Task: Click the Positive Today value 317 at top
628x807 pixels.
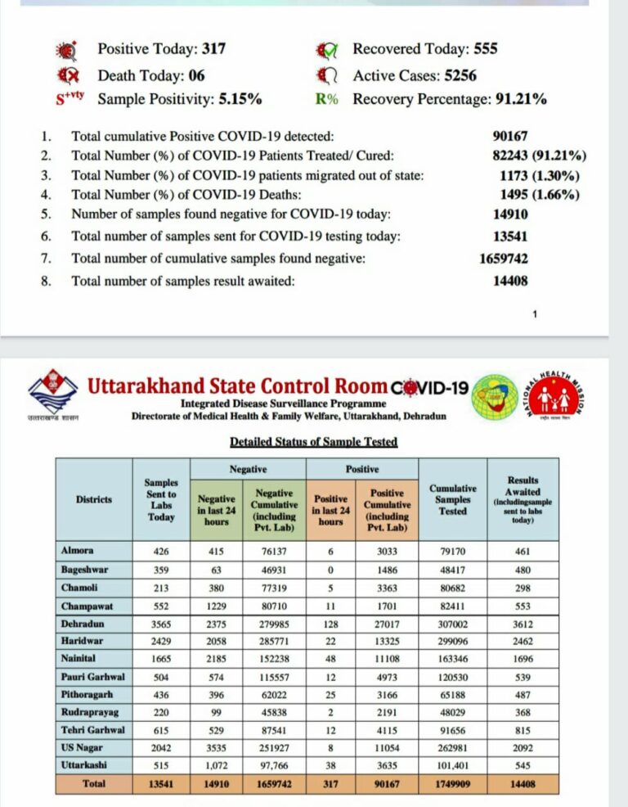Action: pos(213,49)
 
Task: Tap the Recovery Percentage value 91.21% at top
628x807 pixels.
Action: pos(521,100)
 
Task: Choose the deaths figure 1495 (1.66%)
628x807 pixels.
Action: pos(540,195)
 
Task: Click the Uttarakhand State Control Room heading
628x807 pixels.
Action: pos(237,386)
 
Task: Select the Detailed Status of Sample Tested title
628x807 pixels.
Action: pos(313,442)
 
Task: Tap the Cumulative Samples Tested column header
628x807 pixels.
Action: pos(452,499)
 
